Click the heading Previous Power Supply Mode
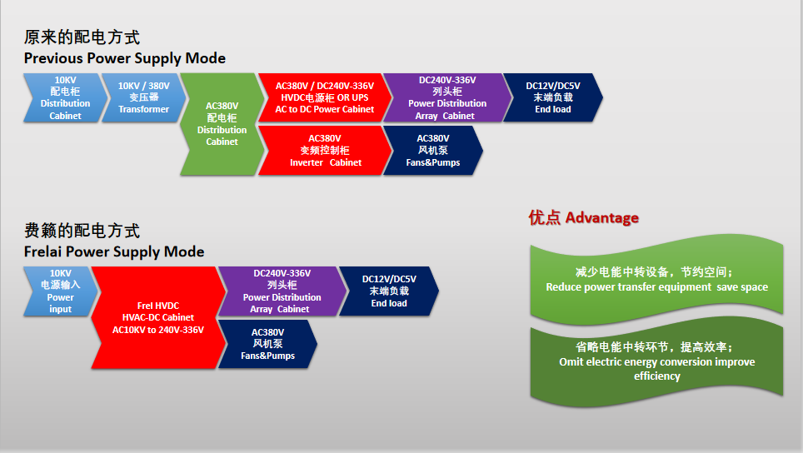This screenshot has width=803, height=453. (x=124, y=58)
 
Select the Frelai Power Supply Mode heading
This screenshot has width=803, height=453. (x=114, y=251)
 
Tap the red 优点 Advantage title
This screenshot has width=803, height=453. (x=583, y=218)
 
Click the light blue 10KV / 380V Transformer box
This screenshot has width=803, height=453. (x=142, y=97)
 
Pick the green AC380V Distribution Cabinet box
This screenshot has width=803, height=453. (x=222, y=124)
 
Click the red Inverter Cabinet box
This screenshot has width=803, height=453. (x=325, y=151)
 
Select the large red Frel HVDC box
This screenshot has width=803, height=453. (x=157, y=317)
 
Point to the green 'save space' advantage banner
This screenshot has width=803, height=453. (x=656, y=280)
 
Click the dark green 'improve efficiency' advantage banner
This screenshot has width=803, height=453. (x=656, y=361)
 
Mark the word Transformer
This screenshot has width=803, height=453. (x=143, y=109)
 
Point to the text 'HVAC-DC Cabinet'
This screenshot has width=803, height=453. (x=157, y=317)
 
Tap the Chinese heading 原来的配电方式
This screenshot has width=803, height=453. (x=82, y=37)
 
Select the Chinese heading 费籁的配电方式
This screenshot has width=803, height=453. (x=82, y=231)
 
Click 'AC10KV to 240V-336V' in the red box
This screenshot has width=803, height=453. (x=157, y=329)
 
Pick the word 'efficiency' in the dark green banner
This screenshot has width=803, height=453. (x=656, y=376)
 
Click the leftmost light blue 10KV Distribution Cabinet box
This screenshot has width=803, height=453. (x=62, y=97)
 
